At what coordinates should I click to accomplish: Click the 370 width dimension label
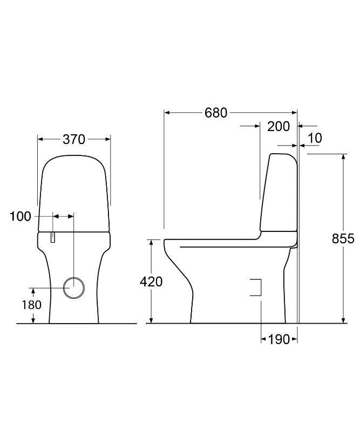point(74,139)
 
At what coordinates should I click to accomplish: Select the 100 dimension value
point(21,216)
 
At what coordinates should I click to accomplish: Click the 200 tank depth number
point(279,127)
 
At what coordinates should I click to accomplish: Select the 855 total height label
point(343,238)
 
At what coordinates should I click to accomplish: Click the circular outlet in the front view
point(73,287)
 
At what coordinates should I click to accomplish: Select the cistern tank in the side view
point(279,194)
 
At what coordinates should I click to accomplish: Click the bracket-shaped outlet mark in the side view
point(257,287)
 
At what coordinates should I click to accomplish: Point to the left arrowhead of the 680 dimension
point(167,113)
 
